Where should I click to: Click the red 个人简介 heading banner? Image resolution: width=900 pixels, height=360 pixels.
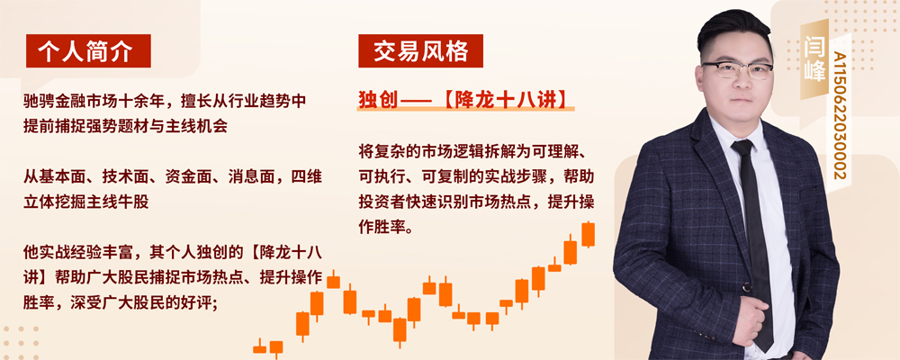pos(88,51)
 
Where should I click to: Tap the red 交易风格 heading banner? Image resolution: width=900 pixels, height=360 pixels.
pos(420,51)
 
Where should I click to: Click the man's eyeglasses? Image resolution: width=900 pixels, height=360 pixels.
pos(738,69)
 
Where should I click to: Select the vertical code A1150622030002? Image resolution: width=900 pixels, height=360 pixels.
pos(839,116)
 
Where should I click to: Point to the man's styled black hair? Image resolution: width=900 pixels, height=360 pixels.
pos(733,31)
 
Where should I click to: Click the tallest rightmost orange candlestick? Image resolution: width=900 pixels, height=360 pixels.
pos(588,234)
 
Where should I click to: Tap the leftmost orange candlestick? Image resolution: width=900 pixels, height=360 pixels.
pos(260,348)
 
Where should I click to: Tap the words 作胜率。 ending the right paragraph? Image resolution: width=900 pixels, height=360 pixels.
pos(385,228)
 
